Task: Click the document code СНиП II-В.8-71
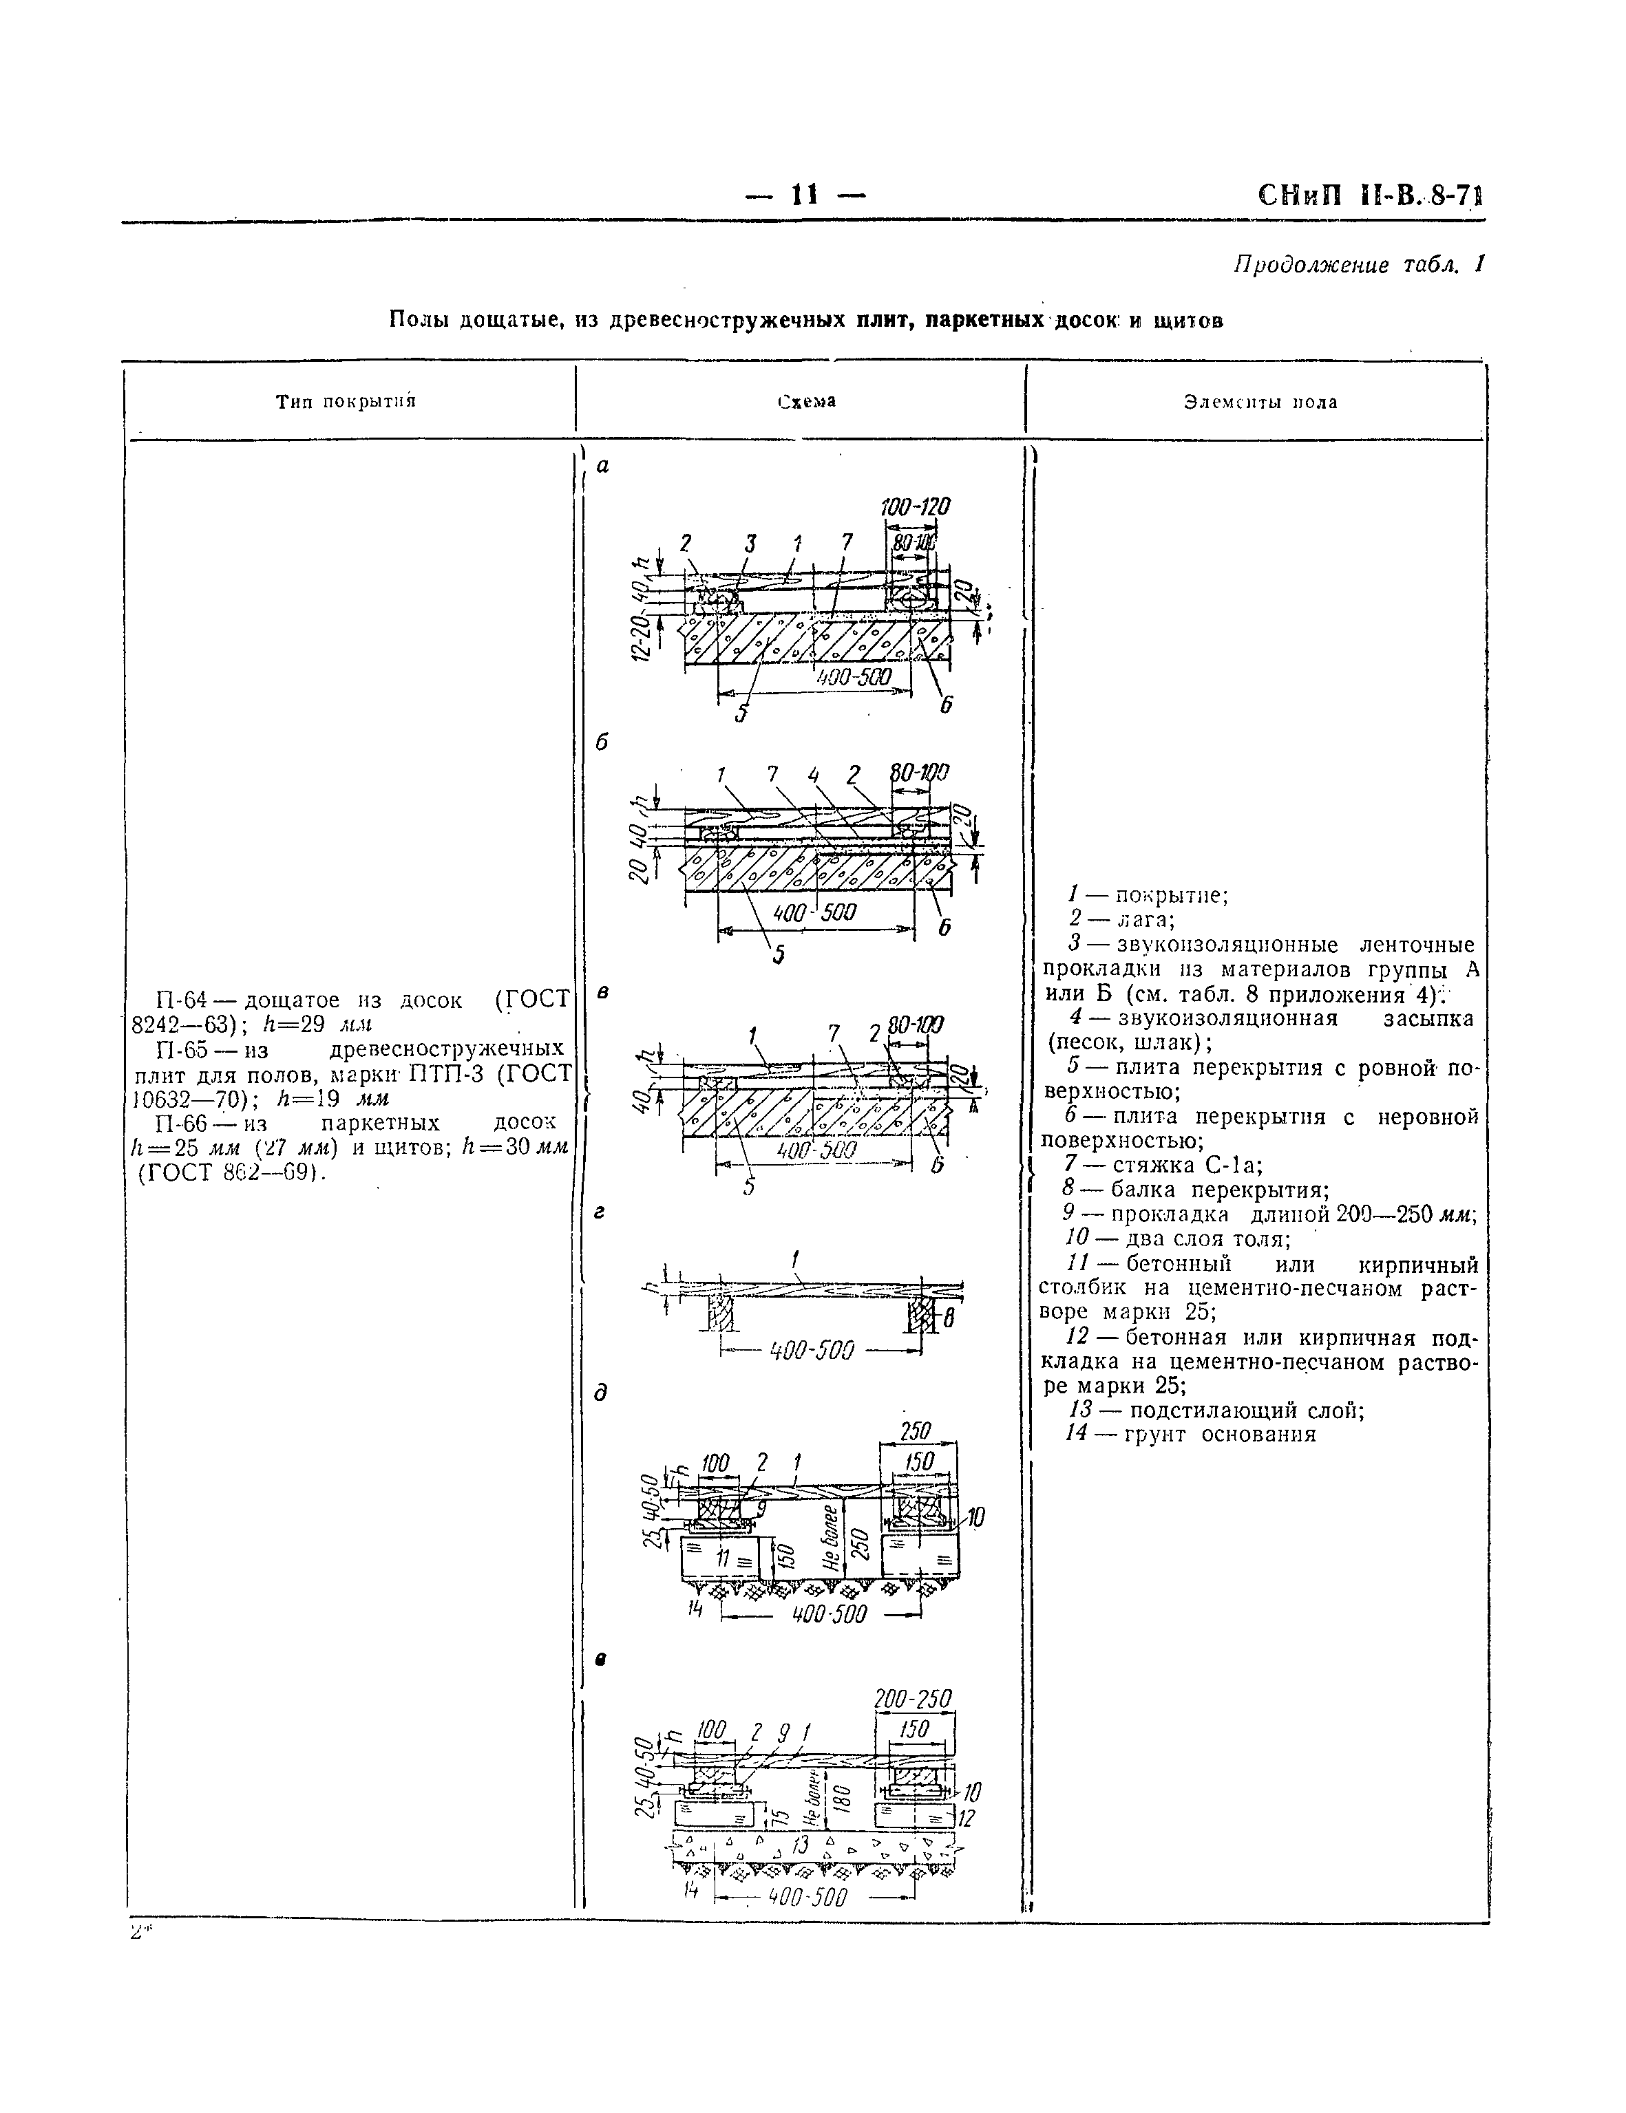click(x=1369, y=196)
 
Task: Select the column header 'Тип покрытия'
click(x=345, y=402)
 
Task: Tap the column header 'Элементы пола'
click(x=1260, y=403)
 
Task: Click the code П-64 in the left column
click(x=178, y=1000)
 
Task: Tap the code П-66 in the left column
click(x=178, y=1124)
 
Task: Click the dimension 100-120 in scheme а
click(x=915, y=508)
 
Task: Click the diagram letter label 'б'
click(x=601, y=743)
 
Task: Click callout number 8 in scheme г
click(x=949, y=1316)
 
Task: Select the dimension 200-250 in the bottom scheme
click(x=913, y=1699)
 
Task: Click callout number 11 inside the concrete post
click(x=722, y=1558)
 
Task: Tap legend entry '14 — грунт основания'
click(x=1190, y=1434)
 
